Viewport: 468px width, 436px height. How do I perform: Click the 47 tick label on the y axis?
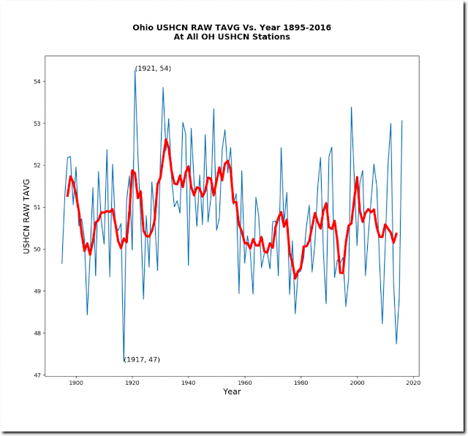tap(39, 375)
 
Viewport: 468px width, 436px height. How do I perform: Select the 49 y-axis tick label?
tap(39, 291)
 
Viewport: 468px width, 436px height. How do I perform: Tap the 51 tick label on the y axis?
tap(39, 207)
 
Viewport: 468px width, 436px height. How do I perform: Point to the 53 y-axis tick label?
tap(39, 124)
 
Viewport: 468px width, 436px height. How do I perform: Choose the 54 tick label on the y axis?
tap(39, 81)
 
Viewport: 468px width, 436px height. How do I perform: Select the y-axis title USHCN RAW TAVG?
tap(27, 217)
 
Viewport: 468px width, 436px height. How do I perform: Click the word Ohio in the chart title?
tap(145, 28)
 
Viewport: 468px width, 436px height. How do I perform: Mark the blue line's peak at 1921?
tap(135, 69)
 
